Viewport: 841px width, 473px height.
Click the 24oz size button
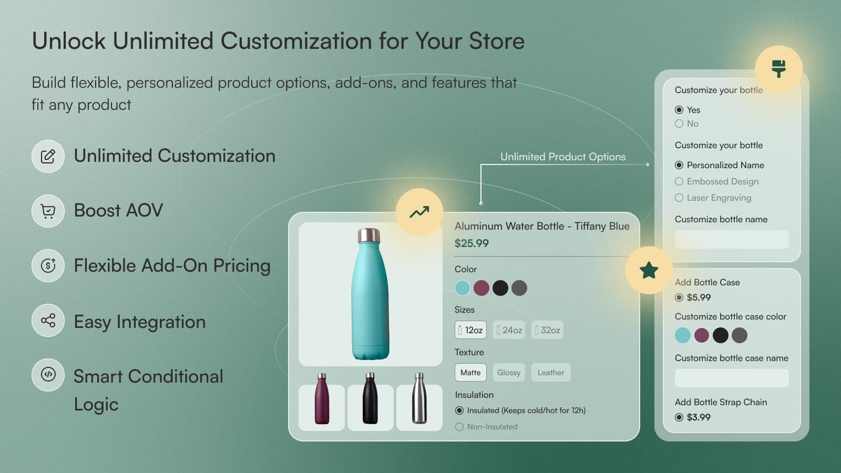[509, 330]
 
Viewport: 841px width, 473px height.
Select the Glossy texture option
[508, 373]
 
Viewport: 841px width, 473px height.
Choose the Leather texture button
[550, 373]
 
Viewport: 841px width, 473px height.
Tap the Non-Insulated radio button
[459, 427]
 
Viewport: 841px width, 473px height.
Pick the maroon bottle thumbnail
[322, 407]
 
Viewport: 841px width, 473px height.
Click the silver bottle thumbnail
[419, 407]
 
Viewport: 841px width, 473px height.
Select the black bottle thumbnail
[370, 407]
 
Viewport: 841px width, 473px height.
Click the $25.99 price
[471, 243]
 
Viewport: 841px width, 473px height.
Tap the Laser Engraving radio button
[679, 198]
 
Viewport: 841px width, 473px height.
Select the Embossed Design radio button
[679, 181]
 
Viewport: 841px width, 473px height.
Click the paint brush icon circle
[778, 69]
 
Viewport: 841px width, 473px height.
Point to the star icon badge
[649, 270]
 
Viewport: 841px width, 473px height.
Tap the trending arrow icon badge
[419, 212]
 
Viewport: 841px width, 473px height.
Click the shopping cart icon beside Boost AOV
[48, 211]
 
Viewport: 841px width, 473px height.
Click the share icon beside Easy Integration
[48, 321]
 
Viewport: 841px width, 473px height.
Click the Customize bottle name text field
[731, 240]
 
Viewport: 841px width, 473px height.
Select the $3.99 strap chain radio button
[679, 417]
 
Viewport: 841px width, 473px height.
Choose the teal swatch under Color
[463, 288]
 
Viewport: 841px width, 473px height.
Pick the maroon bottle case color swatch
[701, 335]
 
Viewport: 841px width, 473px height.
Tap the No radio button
[679, 124]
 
